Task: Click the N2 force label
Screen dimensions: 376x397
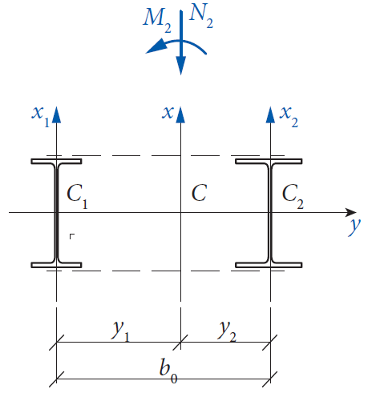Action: click(201, 16)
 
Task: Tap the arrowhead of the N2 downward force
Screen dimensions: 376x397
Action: click(181, 66)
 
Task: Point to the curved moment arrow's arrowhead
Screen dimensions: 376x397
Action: click(156, 46)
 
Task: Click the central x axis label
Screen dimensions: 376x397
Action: click(168, 113)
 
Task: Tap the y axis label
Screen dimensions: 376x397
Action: click(354, 227)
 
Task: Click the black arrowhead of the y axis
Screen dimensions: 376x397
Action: click(350, 212)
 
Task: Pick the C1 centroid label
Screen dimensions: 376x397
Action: click(77, 196)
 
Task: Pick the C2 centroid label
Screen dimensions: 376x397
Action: click(293, 196)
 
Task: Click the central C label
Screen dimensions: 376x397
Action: click(200, 193)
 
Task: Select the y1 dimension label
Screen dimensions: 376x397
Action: click(121, 331)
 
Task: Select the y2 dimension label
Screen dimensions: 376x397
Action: click(227, 331)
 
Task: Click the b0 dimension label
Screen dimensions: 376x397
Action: click(168, 371)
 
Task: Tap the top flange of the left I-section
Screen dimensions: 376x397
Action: click(56, 161)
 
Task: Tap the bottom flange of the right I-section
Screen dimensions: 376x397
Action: click(269, 265)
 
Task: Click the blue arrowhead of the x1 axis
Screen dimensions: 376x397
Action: click(56, 114)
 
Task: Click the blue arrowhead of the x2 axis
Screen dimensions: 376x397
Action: click(270, 114)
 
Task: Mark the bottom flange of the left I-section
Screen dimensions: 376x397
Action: click(56, 265)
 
